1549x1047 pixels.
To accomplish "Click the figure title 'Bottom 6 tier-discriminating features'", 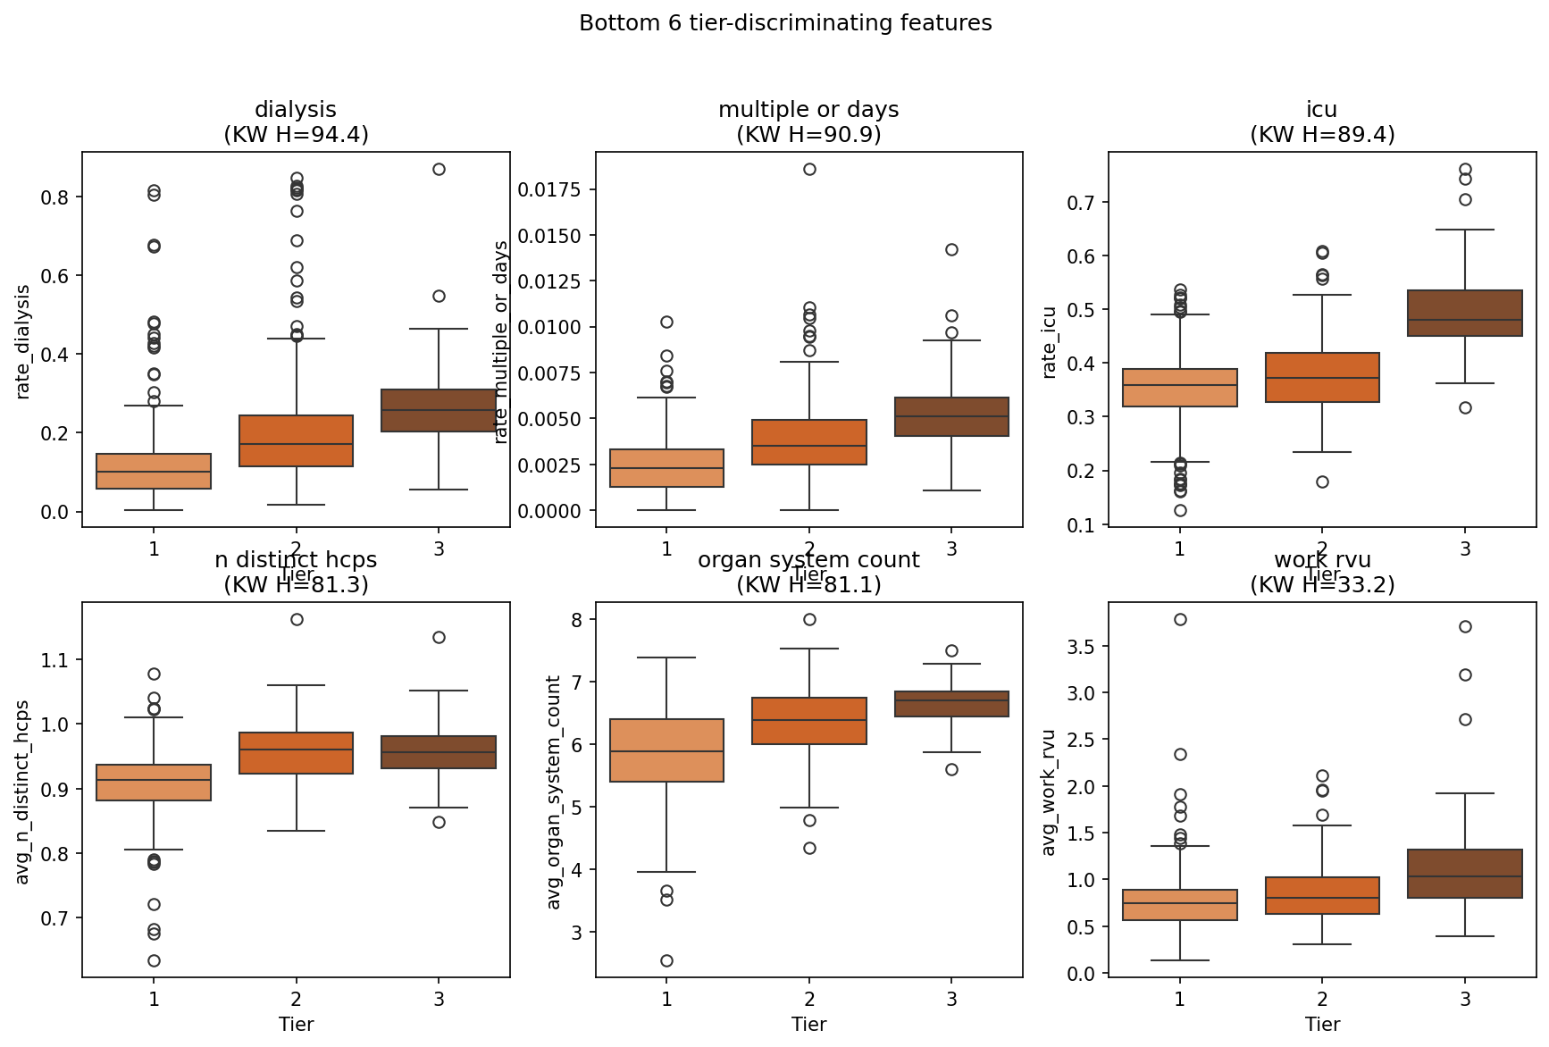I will [785, 23].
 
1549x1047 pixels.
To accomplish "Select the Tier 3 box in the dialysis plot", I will [439, 410].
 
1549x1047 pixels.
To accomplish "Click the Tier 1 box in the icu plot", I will [1179, 387].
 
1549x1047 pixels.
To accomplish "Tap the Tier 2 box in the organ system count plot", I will [808, 720].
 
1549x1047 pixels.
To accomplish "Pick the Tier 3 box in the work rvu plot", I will [1464, 873].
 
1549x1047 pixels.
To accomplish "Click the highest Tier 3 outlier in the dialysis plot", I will [439, 169].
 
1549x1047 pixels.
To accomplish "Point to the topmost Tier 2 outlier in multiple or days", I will [809, 169].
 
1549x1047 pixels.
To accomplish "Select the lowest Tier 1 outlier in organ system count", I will [666, 960].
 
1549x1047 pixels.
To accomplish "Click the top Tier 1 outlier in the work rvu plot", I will [1180, 619].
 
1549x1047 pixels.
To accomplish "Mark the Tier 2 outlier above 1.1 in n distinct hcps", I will [297, 619].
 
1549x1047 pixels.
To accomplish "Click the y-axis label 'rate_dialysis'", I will [24, 341].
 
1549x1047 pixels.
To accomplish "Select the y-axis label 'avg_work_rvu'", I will [1050, 792].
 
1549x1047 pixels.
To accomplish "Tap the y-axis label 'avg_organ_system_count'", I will [554, 792].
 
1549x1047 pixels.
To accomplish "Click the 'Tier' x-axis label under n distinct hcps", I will [296, 1024].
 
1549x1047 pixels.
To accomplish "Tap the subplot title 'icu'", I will [1321, 110].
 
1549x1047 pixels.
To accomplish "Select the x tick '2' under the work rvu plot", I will [1322, 999].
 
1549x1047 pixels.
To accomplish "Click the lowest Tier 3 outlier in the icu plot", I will [1465, 407].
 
